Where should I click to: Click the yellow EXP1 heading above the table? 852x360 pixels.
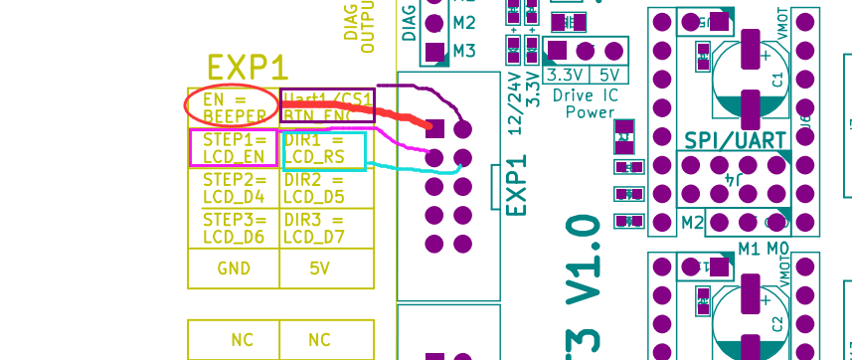(248, 68)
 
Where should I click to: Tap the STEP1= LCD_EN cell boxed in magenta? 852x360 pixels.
(234, 148)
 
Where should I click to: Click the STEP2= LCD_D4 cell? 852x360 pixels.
(234, 188)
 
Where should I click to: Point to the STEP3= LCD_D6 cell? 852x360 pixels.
(234, 228)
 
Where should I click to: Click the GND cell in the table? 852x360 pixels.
(234, 268)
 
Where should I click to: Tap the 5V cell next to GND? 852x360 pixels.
(319, 268)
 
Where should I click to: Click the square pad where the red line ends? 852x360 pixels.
(433, 127)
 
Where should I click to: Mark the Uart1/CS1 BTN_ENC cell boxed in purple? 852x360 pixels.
(327, 106)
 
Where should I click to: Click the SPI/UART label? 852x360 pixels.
(736, 141)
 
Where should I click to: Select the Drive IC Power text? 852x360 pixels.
(591, 103)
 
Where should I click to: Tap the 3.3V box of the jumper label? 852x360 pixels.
(566, 75)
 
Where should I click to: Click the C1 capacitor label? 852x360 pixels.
(777, 79)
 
